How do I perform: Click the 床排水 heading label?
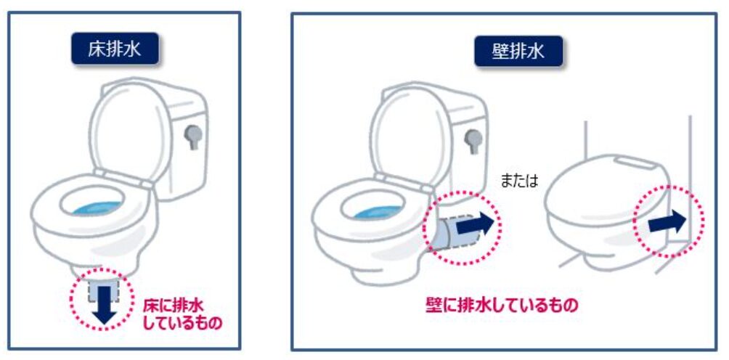point(115,49)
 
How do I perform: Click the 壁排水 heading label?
point(518,50)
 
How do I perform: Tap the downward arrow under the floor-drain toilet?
point(104,305)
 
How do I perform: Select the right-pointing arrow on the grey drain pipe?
point(474,224)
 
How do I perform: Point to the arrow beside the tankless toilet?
point(667,221)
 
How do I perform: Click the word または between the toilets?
point(519,181)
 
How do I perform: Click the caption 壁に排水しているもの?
point(502,305)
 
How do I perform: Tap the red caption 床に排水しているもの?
point(182,314)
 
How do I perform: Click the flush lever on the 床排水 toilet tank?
point(193,136)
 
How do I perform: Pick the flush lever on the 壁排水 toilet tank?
point(473,141)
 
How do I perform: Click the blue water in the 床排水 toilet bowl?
point(97,208)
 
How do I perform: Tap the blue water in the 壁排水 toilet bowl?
point(378,212)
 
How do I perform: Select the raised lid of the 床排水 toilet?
point(128,132)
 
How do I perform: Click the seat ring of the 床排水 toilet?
point(93,205)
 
